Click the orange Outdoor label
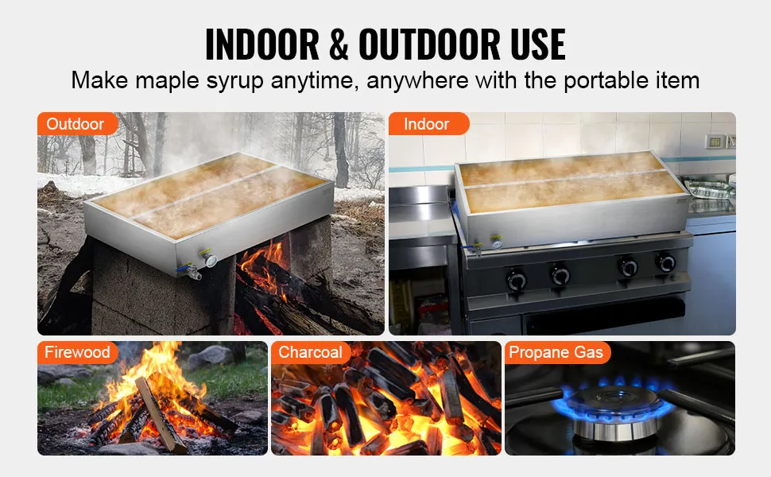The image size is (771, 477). pyautogui.click(x=77, y=123)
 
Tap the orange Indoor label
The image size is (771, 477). pyautogui.click(x=428, y=123)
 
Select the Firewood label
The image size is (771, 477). pyautogui.click(x=77, y=352)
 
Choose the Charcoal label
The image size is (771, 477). pyautogui.click(x=310, y=352)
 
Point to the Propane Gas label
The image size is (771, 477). pyautogui.click(x=556, y=352)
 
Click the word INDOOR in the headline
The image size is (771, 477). pyautogui.click(x=262, y=45)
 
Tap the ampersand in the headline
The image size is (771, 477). pyautogui.click(x=339, y=45)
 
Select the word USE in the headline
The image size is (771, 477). pyautogui.click(x=537, y=45)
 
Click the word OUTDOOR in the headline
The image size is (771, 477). pyautogui.click(x=430, y=45)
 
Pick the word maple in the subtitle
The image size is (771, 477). pyautogui.click(x=167, y=81)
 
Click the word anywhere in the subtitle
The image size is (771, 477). pyautogui.click(x=417, y=81)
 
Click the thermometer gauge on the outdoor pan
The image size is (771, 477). pyautogui.click(x=211, y=259)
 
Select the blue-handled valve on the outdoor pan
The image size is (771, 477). pyautogui.click(x=191, y=270)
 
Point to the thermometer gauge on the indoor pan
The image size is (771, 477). pyautogui.click(x=497, y=242)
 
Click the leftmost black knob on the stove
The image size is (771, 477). pyautogui.click(x=517, y=280)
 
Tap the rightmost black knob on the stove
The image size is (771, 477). pyautogui.click(x=665, y=262)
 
